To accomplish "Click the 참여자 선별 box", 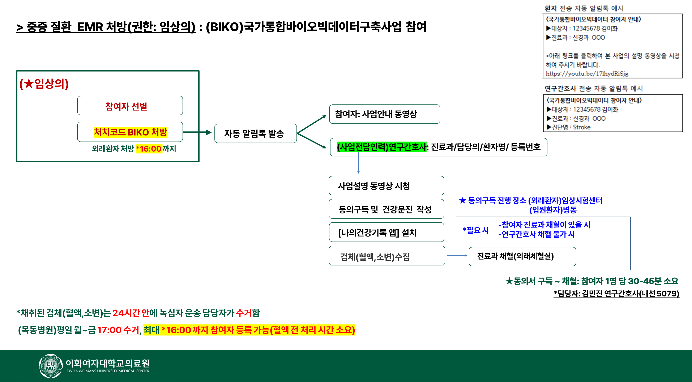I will point(130,106).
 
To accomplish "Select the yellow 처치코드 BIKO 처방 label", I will point(130,132).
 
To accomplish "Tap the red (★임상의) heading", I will point(44,84).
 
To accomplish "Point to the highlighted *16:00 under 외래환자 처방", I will point(149,148).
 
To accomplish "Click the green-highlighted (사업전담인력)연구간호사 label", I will point(381,147).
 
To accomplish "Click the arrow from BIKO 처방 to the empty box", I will point(197,132).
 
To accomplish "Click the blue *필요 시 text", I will point(476,230).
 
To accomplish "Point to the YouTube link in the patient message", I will point(587,74).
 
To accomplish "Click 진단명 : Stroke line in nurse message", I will point(571,127).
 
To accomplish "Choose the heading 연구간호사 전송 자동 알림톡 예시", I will point(593,88).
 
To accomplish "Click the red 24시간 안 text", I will point(131,313).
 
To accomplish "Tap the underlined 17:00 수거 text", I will point(118,330).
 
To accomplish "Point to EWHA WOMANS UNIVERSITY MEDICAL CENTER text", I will point(108,371).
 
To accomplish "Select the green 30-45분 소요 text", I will point(653,281).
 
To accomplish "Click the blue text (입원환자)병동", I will point(553,210).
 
